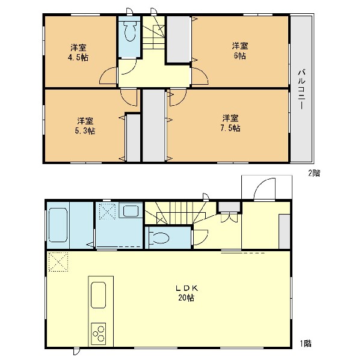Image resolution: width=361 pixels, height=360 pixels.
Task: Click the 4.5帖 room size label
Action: tap(78, 58)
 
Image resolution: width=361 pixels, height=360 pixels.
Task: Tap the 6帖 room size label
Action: tap(240, 56)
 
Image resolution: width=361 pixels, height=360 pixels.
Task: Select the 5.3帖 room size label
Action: tap(85, 131)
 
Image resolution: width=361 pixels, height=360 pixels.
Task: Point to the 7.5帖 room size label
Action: tap(230, 128)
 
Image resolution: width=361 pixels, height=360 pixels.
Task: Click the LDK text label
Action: tap(187, 288)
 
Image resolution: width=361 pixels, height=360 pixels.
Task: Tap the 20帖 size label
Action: tap(186, 297)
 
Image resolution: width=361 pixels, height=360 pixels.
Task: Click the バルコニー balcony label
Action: tap(302, 90)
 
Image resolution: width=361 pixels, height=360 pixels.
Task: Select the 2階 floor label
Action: tap(314, 173)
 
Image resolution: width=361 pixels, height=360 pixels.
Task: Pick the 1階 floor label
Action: tap(306, 344)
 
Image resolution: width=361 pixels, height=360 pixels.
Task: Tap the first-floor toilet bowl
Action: tap(160, 238)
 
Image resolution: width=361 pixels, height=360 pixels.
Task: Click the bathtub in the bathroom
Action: tap(58, 225)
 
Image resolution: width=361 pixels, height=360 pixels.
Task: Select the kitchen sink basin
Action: tap(98, 295)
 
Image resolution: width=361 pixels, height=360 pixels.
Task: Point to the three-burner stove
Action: tap(98, 334)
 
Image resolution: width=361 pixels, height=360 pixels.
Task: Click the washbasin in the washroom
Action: tap(131, 211)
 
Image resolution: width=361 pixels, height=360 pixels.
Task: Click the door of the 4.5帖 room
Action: tap(108, 76)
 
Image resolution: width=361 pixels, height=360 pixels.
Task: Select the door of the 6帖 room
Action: tap(200, 76)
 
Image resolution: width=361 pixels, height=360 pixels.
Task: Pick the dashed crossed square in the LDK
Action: tap(58, 262)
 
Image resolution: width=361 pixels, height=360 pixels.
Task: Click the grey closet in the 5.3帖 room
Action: tap(134, 138)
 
